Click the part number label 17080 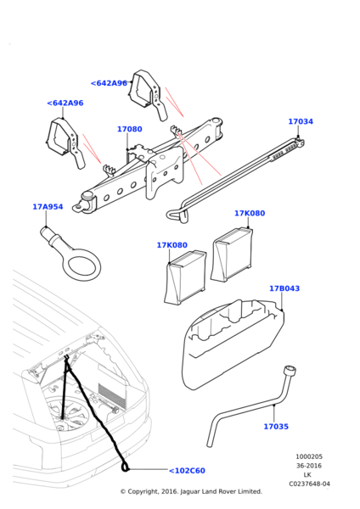coord(129,130)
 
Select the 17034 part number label coord(300,121)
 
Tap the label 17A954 coord(48,206)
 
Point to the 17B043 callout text coord(284,288)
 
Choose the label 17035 coord(276,427)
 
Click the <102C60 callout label coord(187,471)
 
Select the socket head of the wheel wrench coord(291,371)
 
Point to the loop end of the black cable coord(126,466)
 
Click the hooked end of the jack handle coord(174,209)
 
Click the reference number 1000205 coord(308,456)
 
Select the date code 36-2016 coord(308,466)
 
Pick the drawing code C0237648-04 coord(308,484)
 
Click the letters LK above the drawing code coord(308,475)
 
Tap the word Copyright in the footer coord(145,492)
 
